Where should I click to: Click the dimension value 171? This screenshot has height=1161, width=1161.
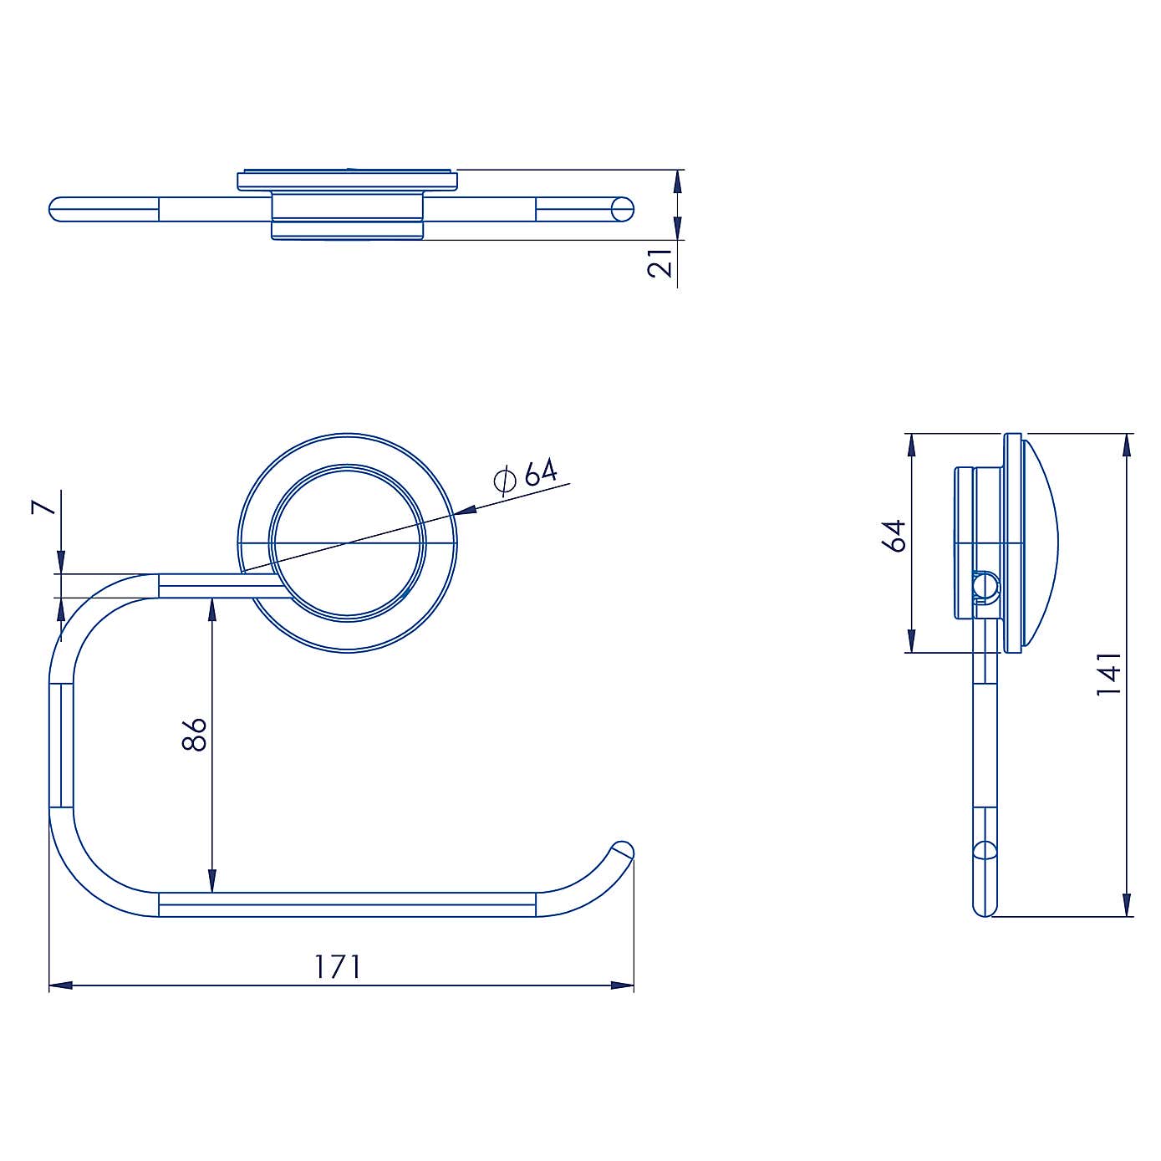click(x=338, y=966)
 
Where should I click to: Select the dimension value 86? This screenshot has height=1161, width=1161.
click(x=194, y=734)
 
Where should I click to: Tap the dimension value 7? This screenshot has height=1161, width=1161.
click(x=44, y=507)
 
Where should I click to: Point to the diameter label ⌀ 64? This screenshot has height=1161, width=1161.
click(x=526, y=476)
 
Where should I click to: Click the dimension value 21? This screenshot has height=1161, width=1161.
click(x=660, y=262)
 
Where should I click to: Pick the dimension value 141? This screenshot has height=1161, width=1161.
click(x=1109, y=675)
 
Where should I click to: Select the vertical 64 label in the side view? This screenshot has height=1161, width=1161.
click(x=894, y=536)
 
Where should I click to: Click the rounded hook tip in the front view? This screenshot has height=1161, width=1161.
click(x=623, y=851)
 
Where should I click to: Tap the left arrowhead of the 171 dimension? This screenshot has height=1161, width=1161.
click(x=60, y=985)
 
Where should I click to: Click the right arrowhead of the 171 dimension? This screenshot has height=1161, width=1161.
click(x=623, y=985)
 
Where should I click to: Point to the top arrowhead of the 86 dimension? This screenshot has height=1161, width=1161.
click(x=212, y=609)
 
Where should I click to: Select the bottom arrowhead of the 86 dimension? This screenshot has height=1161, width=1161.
click(x=212, y=881)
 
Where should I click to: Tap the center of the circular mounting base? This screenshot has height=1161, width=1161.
click(x=348, y=543)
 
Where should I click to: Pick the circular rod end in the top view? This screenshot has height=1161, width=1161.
click(x=623, y=209)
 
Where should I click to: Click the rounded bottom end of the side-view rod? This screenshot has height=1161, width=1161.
click(x=985, y=909)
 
